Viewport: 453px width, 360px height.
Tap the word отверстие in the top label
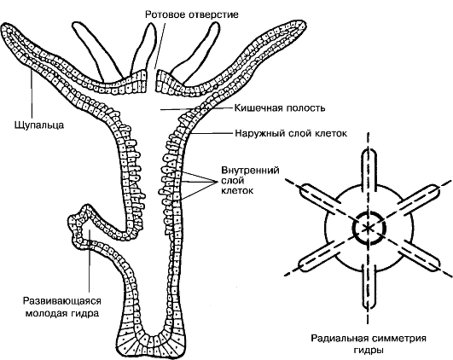point(214,15)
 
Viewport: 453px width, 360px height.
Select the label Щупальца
point(39,125)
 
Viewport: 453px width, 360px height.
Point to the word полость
point(305,108)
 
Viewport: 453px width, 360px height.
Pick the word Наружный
point(260,133)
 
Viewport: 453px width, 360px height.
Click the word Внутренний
point(250,170)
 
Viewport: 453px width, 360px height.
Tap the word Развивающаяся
point(62,301)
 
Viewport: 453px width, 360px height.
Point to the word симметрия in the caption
point(398,338)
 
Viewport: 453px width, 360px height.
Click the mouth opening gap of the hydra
point(152,83)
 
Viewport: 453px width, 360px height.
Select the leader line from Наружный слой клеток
point(212,134)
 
